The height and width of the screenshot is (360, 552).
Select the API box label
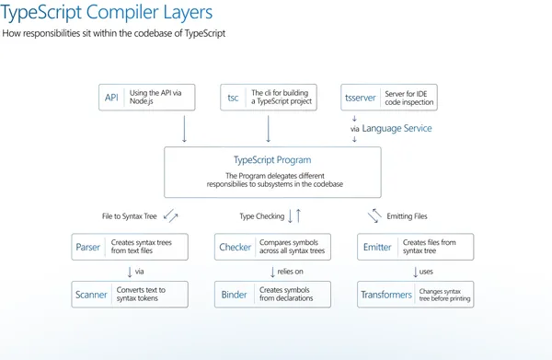[x=111, y=98]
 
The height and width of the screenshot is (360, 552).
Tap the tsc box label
[x=234, y=98]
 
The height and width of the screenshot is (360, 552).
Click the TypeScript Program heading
[x=271, y=159]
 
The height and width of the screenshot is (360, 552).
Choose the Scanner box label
[x=92, y=295]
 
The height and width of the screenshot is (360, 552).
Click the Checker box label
[x=236, y=247]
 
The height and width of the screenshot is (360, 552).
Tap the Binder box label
[x=236, y=295]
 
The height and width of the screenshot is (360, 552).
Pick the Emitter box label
[x=377, y=247]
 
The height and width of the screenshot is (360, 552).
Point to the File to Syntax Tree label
[x=129, y=216]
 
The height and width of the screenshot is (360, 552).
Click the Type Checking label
[x=260, y=216]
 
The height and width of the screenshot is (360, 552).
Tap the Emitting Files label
[x=408, y=216]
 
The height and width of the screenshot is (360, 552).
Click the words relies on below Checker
[x=291, y=271]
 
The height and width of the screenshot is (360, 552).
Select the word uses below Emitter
[x=424, y=271]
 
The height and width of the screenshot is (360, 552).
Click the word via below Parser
[x=140, y=271]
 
